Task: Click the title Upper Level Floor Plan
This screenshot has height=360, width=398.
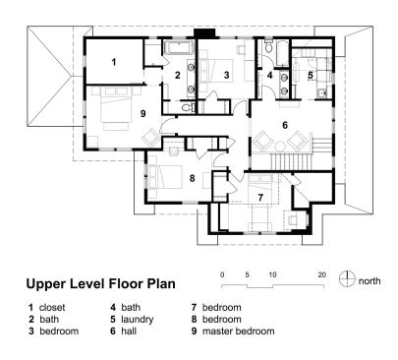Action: click(101, 283)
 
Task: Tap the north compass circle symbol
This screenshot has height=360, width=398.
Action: click(345, 279)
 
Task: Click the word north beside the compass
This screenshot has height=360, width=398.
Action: click(370, 280)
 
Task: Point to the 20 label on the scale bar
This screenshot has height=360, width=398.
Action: click(321, 272)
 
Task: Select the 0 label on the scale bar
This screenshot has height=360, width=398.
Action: click(223, 272)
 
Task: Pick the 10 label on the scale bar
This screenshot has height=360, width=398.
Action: click(272, 272)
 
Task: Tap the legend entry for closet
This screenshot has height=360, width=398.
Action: click(51, 307)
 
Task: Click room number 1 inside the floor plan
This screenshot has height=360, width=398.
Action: click(113, 62)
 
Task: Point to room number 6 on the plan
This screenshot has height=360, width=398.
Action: click(285, 125)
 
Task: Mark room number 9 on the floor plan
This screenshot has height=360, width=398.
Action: click(143, 113)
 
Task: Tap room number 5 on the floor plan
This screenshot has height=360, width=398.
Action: click(311, 75)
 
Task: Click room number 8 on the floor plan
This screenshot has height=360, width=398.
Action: click(193, 177)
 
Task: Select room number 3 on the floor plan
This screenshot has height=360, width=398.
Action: click(226, 75)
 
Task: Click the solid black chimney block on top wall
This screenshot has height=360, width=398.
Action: click(204, 33)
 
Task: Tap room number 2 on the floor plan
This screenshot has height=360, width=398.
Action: click(178, 75)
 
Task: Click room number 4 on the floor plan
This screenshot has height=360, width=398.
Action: click(270, 75)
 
